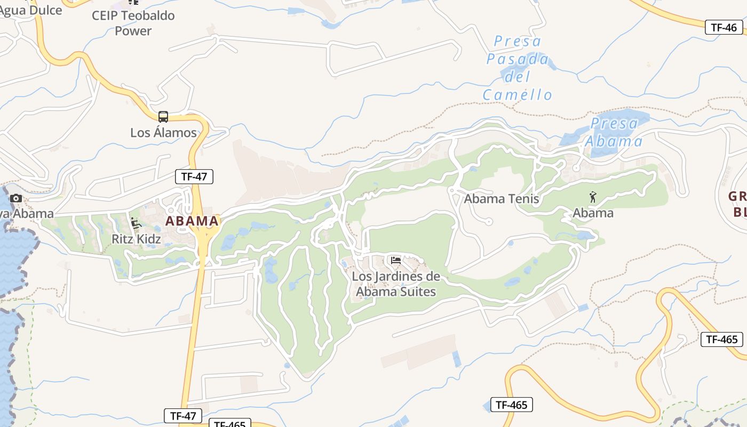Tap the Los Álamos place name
tap(163, 132)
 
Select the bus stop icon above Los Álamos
tap(163, 117)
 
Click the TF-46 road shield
tap(724, 28)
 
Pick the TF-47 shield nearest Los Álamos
tap(194, 177)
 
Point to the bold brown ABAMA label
tap(192, 220)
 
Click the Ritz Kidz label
tap(136, 239)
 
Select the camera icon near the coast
tap(16, 199)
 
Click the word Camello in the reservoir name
tap(517, 95)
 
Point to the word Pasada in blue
tap(518, 59)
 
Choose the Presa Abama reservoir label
tap(614, 132)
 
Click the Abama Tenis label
tap(502, 199)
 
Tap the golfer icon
tap(593, 197)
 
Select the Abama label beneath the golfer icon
tap(593, 213)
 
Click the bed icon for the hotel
tap(395, 260)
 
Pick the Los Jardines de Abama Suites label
tap(396, 284)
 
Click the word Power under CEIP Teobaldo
tap(133, 31)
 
